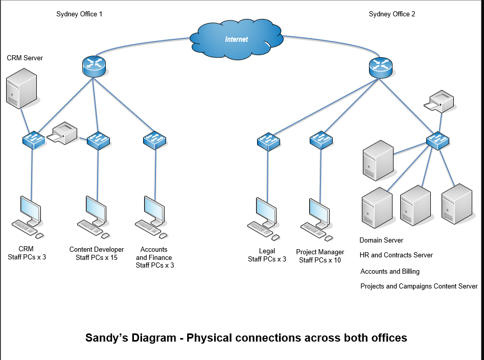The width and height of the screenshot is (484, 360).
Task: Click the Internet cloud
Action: [x=236, y=39]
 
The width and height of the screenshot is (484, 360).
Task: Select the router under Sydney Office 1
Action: [x=93, y=66]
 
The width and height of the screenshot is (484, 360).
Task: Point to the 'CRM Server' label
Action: [x=25, y=58]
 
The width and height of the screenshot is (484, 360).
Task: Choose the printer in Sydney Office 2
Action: [x=441, y=101]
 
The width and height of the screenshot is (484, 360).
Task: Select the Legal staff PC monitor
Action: [x=266, y=210]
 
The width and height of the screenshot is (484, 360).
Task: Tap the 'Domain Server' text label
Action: [x=381, y=240]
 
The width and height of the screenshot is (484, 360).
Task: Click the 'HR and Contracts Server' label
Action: [x=396, y=255]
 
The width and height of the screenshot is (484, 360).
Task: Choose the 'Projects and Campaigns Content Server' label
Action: [x=419, y=286]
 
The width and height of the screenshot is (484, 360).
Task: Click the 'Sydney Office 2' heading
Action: [x=391, y=14]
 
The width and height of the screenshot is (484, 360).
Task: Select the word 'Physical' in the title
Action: [x=209, y=338]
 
